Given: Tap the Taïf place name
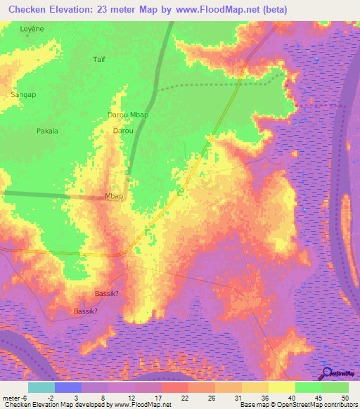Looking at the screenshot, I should tap(99, 60).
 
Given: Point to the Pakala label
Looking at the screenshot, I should tap(47, 131).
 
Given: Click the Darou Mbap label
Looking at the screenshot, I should tap(128, 115).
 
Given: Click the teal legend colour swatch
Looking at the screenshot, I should tap(41, 387).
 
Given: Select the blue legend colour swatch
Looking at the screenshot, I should tap(68, 387).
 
